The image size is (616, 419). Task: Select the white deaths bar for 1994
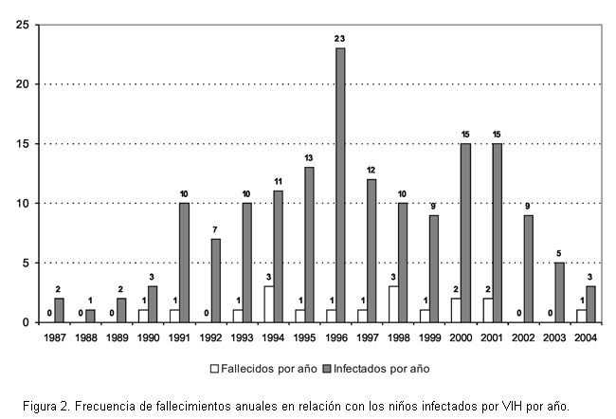pyautogui.click(x=268, y=304)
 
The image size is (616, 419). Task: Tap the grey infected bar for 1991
pyautogui.click(x=185, y=263)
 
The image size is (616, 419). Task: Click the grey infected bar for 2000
pyautogui.click(x=464, y=232)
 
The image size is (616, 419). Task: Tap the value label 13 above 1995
pyautogui.click(x=309, y=157)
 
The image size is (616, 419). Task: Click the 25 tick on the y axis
pyautogui.click(x=21, y=24)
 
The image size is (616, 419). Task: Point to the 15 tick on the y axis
pyautogui.click(x=21, y=143)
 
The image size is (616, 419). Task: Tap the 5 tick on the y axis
pyautogui.click(x=25, y=263)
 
